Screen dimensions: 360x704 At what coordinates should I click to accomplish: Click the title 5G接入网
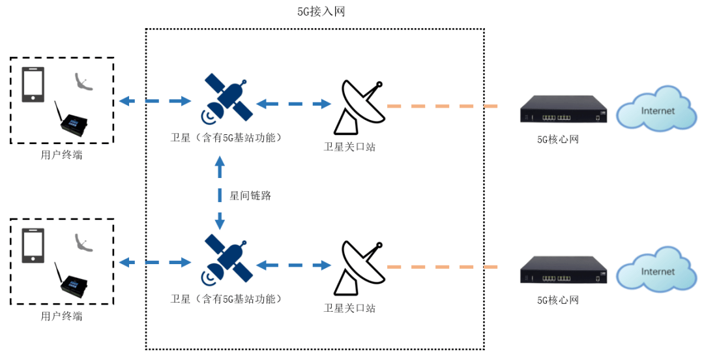coord(320,11)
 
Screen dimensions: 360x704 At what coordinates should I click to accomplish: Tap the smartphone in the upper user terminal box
coord(33,84)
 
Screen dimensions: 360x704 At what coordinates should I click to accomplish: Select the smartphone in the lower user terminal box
coord(33,245)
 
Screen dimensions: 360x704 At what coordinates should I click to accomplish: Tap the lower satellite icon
coord(227,260)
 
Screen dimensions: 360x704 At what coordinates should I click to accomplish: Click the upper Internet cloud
coord(655,108)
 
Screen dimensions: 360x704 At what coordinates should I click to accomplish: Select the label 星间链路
coord(250,195)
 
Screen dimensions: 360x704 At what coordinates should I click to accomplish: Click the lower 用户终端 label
coord(61,316)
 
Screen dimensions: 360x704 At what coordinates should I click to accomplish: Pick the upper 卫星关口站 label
coord(349,147)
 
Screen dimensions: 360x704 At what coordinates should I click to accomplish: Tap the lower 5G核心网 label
coord(557,300)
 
